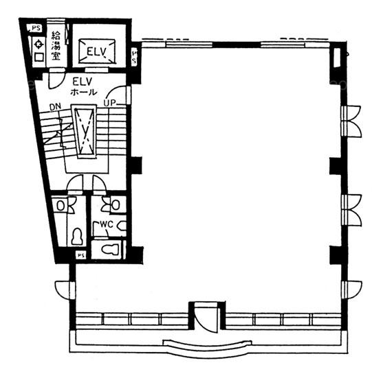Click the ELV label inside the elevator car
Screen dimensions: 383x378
[96, 52]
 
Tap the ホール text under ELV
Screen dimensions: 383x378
[84, 92]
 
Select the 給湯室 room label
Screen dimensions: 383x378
[56, 45]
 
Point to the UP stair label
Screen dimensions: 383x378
[109, 103]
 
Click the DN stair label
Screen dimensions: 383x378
[55, 107]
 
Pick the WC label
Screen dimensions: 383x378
[107, 224]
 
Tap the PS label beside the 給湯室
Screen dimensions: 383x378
[36, 28]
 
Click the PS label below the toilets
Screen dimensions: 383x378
[81, 255]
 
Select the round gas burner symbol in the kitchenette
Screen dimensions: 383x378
[39, 45]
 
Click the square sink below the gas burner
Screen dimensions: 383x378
[39, 58]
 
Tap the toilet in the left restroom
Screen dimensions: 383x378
[77, 237]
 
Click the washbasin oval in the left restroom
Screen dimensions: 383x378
[61, 205]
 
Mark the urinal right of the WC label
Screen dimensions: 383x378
[122, 226]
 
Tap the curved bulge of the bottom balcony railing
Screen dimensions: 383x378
[208, 347]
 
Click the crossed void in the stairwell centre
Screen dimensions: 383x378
[85, 132]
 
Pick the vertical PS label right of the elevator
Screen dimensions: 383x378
[135, 56]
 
